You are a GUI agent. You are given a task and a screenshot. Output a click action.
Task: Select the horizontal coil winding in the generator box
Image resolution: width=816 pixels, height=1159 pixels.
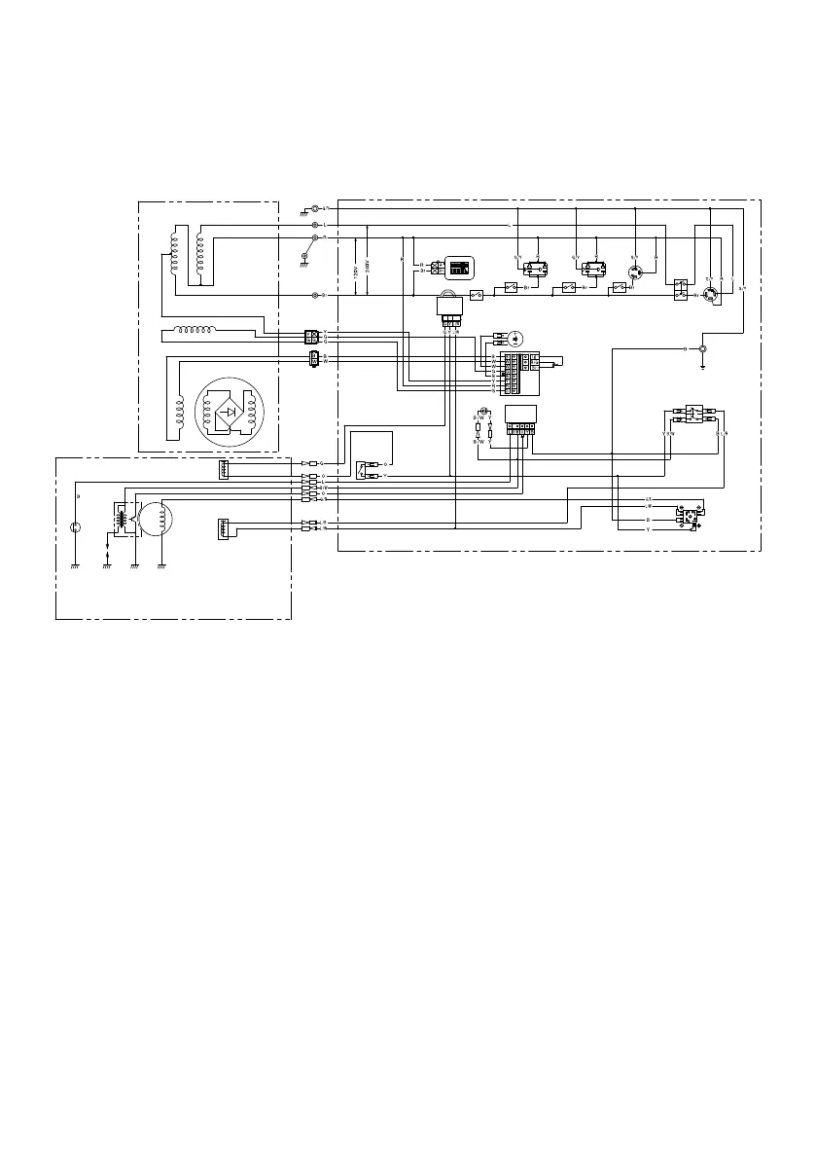pos(205,332)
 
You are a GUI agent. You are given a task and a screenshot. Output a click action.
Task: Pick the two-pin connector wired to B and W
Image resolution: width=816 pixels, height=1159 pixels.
pos(312,359)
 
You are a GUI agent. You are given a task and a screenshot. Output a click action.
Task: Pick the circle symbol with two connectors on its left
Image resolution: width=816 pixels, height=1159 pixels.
pos(516,339)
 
